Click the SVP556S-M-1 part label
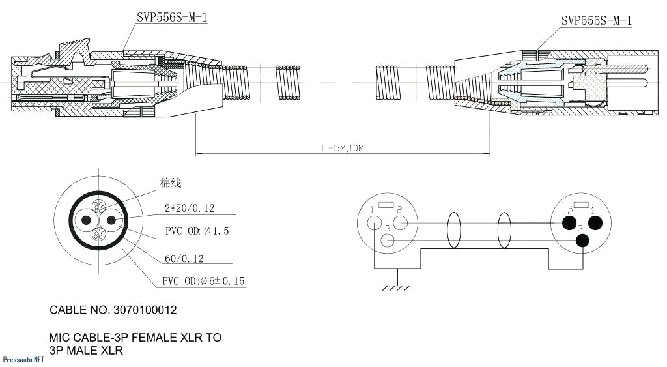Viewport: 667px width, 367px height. [172, 18]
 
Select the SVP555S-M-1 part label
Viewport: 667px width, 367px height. [596, 21]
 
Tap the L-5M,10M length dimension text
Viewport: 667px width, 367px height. [342, 149]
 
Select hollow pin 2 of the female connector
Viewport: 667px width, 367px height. [401, 223]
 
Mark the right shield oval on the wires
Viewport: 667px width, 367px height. [504, 231]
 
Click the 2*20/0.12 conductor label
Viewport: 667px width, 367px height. [189, 209]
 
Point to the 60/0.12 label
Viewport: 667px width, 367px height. [184, 259]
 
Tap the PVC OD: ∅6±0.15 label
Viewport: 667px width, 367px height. [204, 282]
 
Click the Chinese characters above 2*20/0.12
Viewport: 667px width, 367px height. [171, 184]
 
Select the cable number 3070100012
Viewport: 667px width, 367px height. [113, 310]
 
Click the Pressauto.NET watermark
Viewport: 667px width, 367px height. [23, 359]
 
